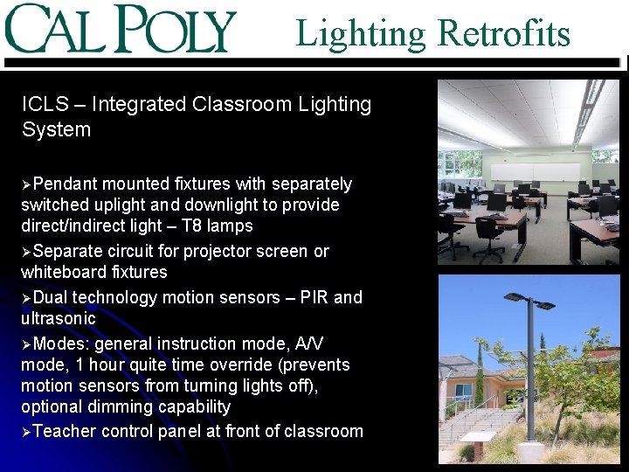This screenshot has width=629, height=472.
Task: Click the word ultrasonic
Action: [x=58, y=319]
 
